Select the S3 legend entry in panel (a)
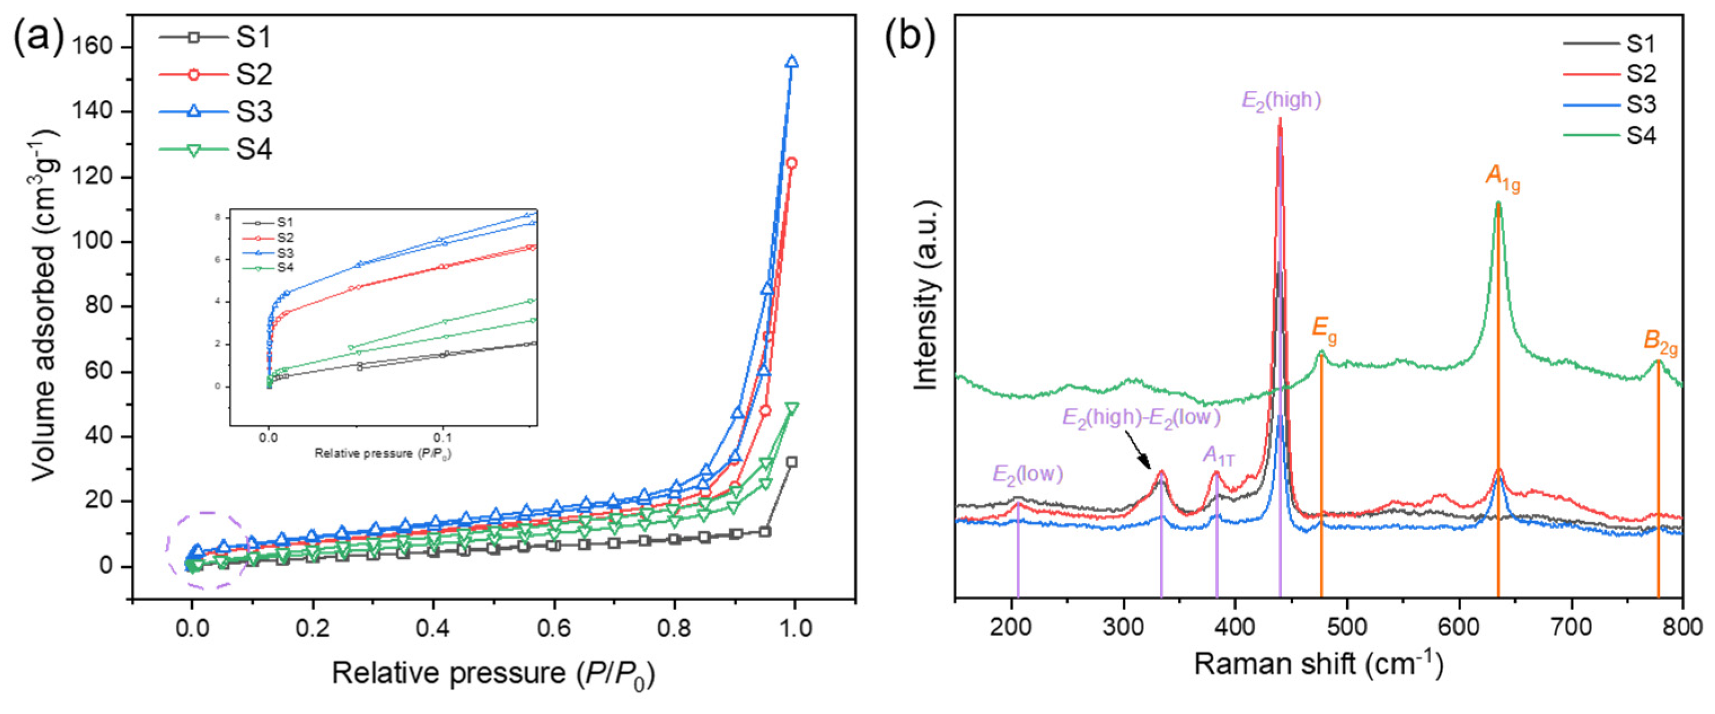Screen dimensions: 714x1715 [x=217, y=111]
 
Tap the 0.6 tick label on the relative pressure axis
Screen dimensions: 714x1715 [x=553, y=629]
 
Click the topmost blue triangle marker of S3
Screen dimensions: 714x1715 [x=792, y=61]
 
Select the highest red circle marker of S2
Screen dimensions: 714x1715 [x=792, y=163]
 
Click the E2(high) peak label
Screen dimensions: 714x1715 [x=1281, y=100]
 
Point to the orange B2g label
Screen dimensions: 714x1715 [x=1660, y=341]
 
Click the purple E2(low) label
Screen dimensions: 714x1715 [x=1028, y=474]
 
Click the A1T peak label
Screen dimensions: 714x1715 [x=1218, y=456]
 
